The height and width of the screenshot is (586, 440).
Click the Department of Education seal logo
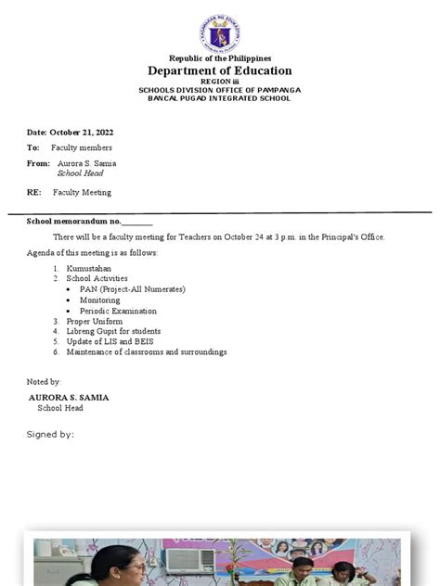coord(219,34)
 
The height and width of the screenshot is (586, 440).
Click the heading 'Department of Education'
coord(219,70)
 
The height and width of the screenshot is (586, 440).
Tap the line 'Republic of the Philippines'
coord(220,58)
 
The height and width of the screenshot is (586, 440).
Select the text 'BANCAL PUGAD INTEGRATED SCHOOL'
coord(219,98)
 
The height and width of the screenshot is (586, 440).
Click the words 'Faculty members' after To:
coord(82,147)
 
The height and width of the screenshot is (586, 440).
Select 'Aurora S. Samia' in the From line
coord(86,163)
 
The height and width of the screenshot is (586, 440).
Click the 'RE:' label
coord(33,192)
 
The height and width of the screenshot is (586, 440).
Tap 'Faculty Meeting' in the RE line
coord(81,192)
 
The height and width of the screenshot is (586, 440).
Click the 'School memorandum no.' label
coord(74,222)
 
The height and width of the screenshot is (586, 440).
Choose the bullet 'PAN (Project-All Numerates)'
coord(132,289)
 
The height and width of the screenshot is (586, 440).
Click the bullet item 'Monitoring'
coord(99,300)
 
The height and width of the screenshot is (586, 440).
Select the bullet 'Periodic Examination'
coord(118,312)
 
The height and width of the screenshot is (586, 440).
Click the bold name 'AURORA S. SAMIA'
coord(69,397)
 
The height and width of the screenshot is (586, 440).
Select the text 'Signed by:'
coord(50,433)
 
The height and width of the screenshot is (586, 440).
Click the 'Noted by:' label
coord(44,381)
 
